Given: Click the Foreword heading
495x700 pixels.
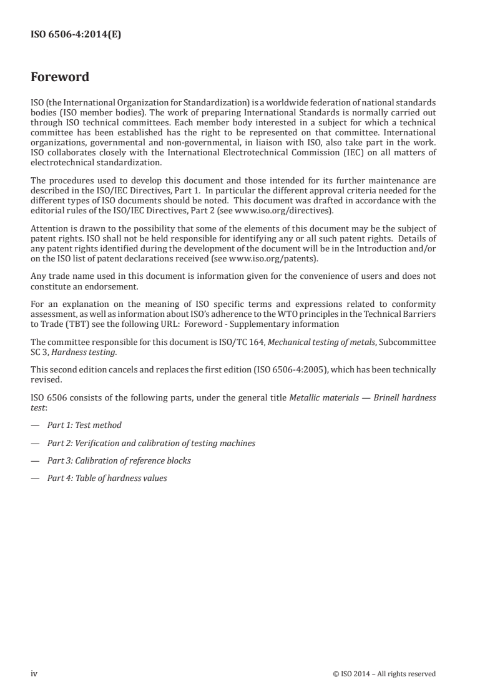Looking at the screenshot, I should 60,77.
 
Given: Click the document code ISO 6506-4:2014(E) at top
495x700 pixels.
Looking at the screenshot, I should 76,35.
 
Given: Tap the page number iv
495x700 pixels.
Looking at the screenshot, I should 34,673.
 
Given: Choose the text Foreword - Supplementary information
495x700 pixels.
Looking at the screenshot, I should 272,324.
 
